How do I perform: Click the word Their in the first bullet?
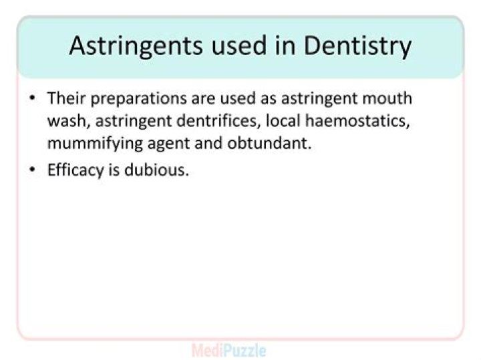point(65,98)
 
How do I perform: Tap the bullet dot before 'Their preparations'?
point(32,99)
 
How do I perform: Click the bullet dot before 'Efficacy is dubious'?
point(32,170)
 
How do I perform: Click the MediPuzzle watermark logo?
point(229,349)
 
